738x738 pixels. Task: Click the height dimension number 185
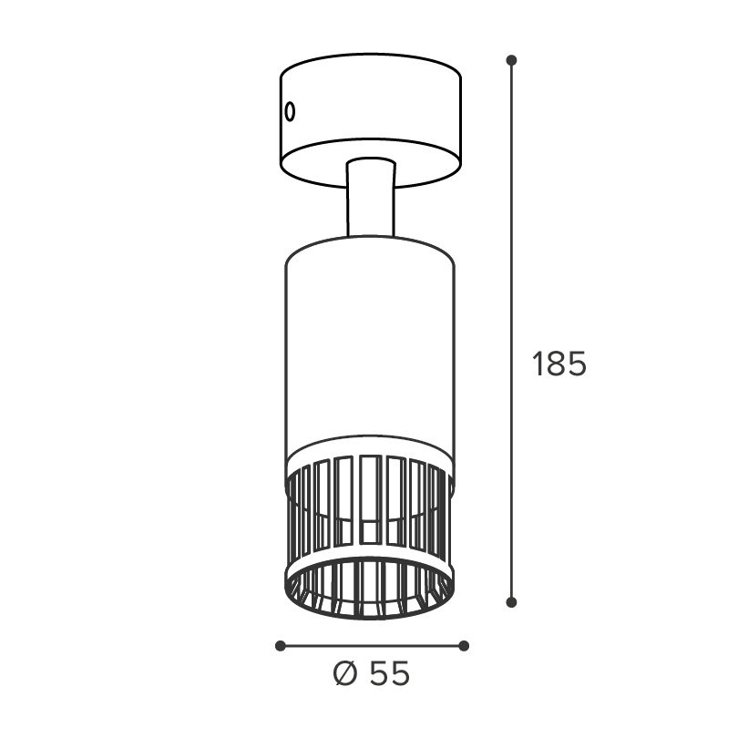(x=559, y=364)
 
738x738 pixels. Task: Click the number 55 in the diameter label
(x=389, y=673)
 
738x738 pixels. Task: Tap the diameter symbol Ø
(x=346, y=673)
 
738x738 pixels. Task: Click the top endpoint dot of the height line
(x=512, y=60)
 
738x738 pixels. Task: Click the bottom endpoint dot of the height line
(x=512, y=602)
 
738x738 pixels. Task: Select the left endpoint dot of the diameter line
(x=280, y=646)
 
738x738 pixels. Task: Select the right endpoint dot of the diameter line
(x=464, y=646)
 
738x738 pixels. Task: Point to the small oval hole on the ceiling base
(x=291, y=111)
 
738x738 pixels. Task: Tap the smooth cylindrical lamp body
(x=371, y=348)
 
